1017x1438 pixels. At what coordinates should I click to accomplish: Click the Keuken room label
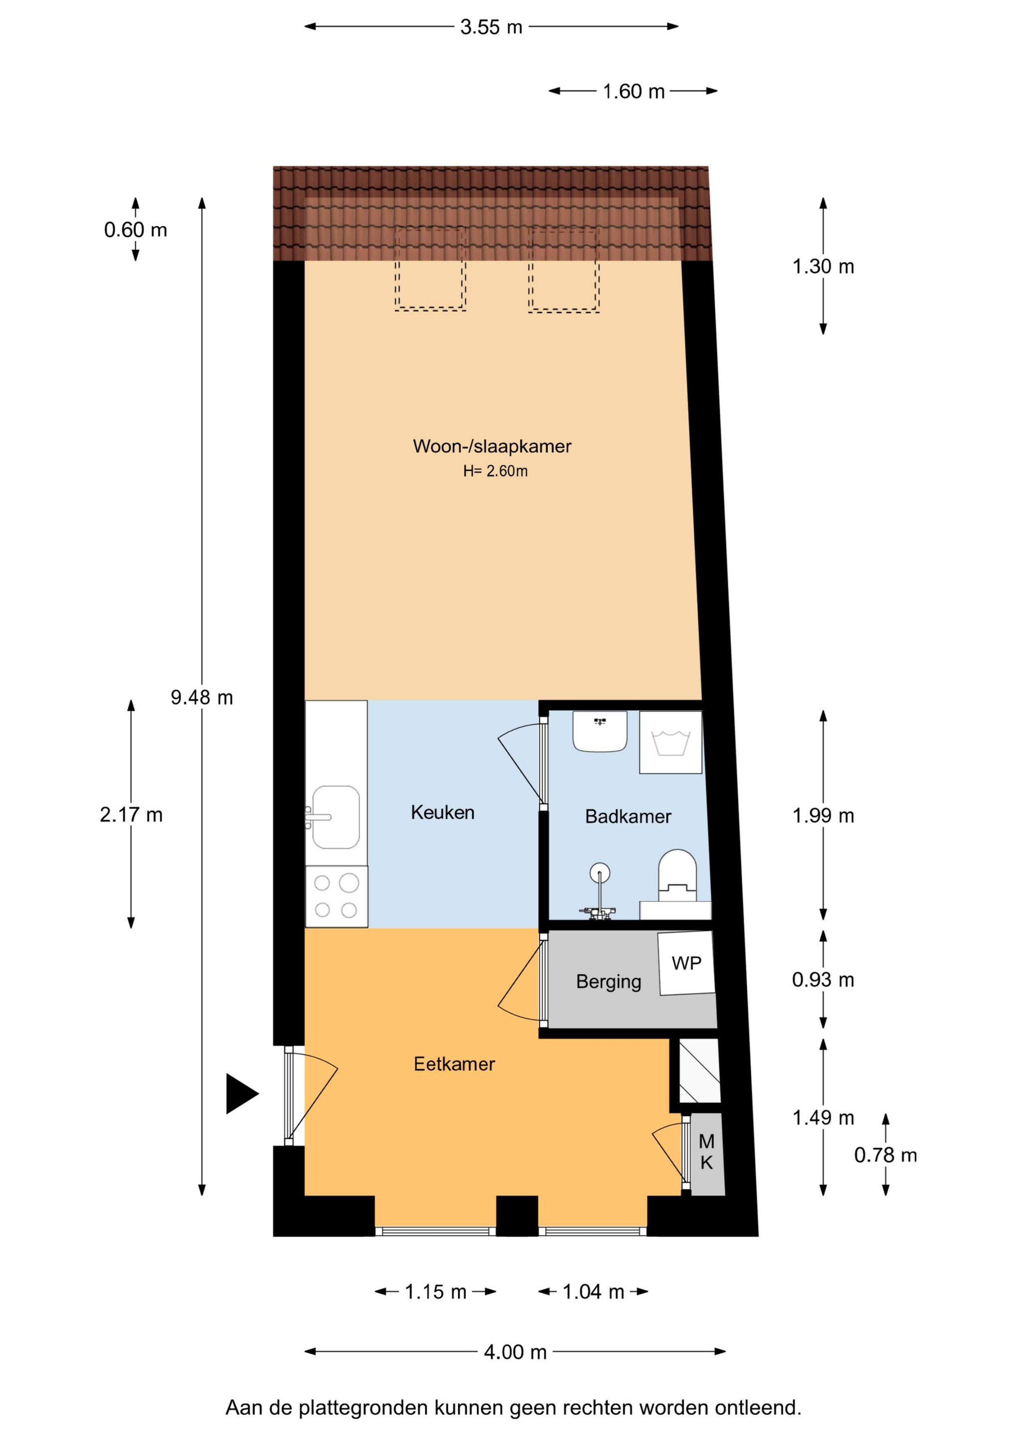click(x=442, y=812)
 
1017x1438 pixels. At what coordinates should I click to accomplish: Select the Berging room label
click(x=608, y=982)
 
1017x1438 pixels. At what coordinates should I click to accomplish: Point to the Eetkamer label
click(x=454, y=1064)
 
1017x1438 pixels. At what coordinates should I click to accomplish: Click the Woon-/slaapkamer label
click(x=492, y=446)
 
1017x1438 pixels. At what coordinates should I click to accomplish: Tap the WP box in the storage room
click(x=686, y=963)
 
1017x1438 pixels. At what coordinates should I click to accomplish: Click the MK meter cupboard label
click(x=706, y=1152)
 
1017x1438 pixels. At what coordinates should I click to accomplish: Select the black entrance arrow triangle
click(x=242, y=1093)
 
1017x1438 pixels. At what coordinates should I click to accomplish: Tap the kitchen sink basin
click(x=336, y=817)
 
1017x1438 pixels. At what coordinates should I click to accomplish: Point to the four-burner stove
click(x=337, y=896)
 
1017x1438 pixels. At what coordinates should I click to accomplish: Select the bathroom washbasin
click(x=600, y=731)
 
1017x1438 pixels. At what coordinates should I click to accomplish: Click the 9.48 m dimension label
click(x=202, y=697)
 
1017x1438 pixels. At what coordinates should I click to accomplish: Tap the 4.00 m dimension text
click(x=515, y=1352)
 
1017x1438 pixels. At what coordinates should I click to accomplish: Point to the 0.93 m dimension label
click(x=823, y=980)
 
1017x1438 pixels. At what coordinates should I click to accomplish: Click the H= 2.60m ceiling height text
click(x=495, y=471)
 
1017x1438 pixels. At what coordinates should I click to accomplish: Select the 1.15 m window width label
click(x=435, y=1291)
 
